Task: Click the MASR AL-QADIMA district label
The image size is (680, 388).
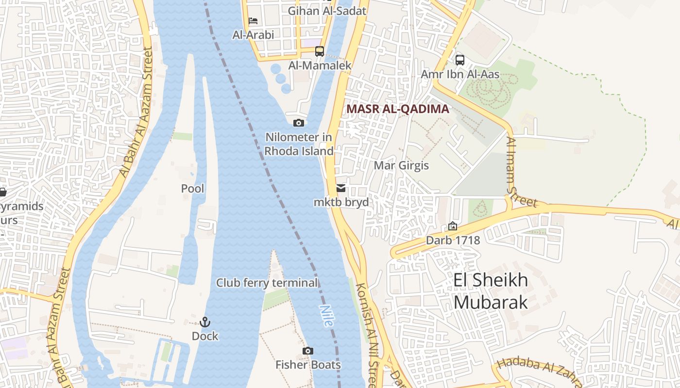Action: coord(398,109)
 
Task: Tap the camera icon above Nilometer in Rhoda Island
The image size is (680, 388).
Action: coord(299,123)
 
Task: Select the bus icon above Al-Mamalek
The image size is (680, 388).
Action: coord(319,51)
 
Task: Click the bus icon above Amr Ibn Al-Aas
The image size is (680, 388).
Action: coord(459,60)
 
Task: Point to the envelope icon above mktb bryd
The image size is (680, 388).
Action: coord(341,188)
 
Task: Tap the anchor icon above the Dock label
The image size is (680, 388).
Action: coord(205,322)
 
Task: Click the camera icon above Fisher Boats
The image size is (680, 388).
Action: coord(307,351)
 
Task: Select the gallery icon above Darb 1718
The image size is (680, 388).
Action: coord(453,226)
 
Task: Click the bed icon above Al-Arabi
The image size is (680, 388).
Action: coord(253,21)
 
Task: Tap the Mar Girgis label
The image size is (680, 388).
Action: coord(401,165)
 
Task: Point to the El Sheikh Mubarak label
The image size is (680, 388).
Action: coord(491,291)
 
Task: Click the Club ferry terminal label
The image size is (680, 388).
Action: coord(267,283)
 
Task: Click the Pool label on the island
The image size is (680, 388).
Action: coord(193,188)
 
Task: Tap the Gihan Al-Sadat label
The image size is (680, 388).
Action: coord(327,11)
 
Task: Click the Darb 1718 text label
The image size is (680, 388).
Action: coord(453,240)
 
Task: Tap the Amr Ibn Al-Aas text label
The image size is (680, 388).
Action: coord(460,75)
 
